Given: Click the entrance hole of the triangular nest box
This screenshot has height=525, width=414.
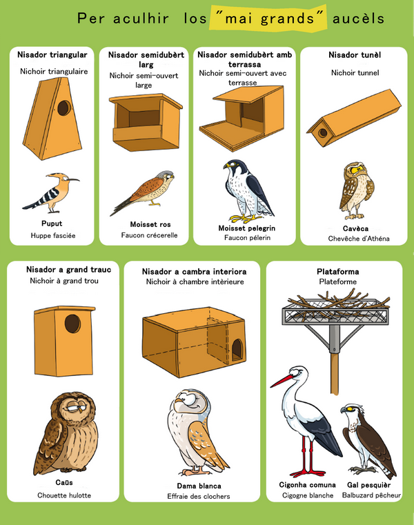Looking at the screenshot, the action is coord(64,108).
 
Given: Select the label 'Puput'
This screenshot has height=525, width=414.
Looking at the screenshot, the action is coord(52,224).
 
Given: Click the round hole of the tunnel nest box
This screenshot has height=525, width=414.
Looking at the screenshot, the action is coord(323,132).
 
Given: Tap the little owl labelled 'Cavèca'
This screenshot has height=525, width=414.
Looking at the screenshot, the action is coord(357,190).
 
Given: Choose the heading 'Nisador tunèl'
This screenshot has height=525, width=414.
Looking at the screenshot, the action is coord(355,55).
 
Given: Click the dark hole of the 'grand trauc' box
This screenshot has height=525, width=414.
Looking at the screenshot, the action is coord(72,324).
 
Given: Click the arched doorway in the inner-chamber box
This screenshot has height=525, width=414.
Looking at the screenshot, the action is coord(237,350).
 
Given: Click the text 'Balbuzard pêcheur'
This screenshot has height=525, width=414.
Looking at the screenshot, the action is coord(371,495).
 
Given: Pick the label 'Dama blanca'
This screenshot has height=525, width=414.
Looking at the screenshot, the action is coord(199,486).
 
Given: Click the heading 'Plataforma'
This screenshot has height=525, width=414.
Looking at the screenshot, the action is coord(337,272).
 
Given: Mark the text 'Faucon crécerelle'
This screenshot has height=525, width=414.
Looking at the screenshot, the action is coord(150,235).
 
